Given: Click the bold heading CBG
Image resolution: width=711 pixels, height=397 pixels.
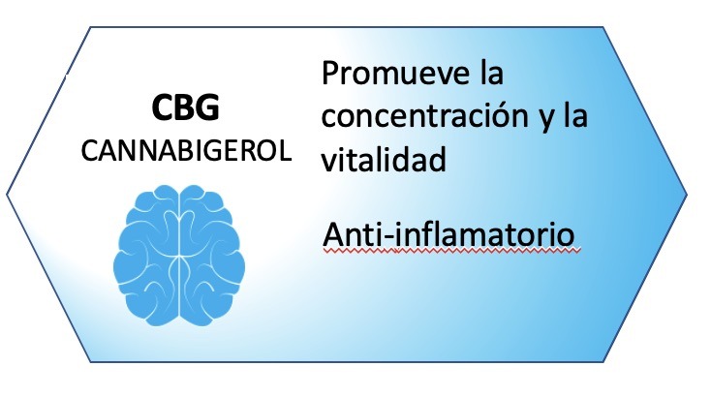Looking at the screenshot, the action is pos(186,107).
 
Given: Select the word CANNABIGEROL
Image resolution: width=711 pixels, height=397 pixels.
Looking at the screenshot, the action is pos(186,150).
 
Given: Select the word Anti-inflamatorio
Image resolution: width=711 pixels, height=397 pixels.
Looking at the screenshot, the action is pos(448,233).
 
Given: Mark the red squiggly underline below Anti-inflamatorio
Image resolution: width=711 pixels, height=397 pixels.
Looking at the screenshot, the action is pos(451,249).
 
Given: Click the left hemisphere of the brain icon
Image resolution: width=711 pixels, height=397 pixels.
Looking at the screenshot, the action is pos(146,255).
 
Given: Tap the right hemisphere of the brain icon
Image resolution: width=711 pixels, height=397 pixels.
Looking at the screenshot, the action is pos(212,255).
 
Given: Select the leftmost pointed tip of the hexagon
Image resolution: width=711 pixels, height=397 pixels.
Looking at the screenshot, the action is pos(7,195).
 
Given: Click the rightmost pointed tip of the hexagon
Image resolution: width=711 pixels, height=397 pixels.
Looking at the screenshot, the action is pos(687,195).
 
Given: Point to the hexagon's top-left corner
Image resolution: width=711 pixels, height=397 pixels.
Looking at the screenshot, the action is pos(90,27).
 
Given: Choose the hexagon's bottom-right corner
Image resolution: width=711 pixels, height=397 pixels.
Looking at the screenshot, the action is pos(603,361).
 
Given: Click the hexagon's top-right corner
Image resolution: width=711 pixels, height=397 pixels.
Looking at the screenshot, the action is pos(603,27).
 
